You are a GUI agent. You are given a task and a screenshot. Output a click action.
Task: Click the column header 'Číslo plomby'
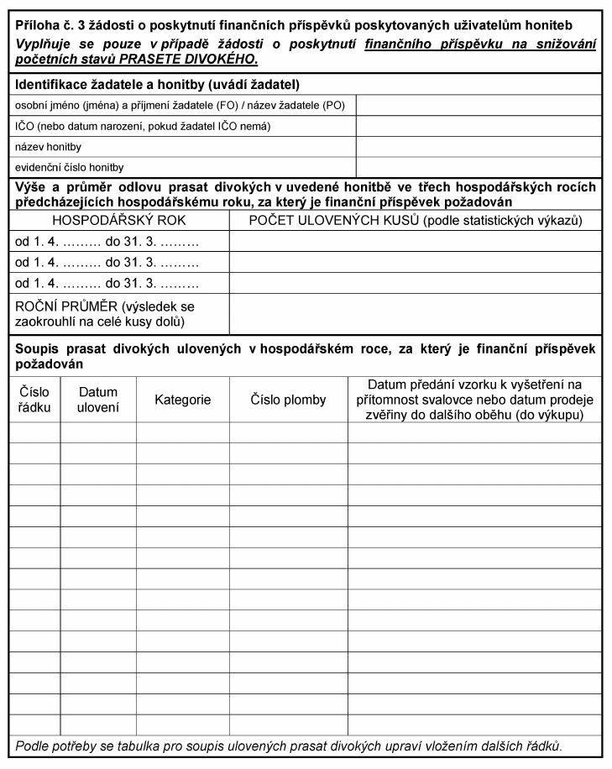(288, 400)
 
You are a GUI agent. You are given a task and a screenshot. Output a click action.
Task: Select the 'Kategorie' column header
(182, 400)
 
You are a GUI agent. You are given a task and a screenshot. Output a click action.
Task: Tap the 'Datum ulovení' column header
(98, 400)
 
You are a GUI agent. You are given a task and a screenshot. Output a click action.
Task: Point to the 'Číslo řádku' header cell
(34, 400)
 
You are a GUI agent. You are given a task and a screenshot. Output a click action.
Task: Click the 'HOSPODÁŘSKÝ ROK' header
(119, 220)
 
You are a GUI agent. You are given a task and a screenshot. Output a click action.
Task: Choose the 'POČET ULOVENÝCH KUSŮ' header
(416, 220)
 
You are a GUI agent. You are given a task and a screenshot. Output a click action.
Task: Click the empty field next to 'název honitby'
(479, 147)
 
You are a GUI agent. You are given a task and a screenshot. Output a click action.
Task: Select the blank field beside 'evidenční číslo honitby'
(479, 167)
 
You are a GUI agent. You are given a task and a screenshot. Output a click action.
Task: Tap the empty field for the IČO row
(479, 126)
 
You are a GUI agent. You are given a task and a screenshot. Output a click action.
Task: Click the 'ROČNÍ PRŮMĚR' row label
(105, 314)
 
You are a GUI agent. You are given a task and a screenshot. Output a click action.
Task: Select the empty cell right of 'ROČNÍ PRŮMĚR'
(416, 314)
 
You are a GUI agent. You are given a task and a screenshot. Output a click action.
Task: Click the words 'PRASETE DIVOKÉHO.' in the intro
(192, 60)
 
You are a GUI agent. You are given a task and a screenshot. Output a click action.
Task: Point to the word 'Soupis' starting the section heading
(37, 348)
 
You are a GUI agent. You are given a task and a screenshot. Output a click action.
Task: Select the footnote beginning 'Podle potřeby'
(289, 745)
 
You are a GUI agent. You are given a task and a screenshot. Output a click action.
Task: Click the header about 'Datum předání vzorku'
(474, 400)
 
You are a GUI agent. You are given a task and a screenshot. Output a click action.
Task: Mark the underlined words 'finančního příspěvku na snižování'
(480, 44)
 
